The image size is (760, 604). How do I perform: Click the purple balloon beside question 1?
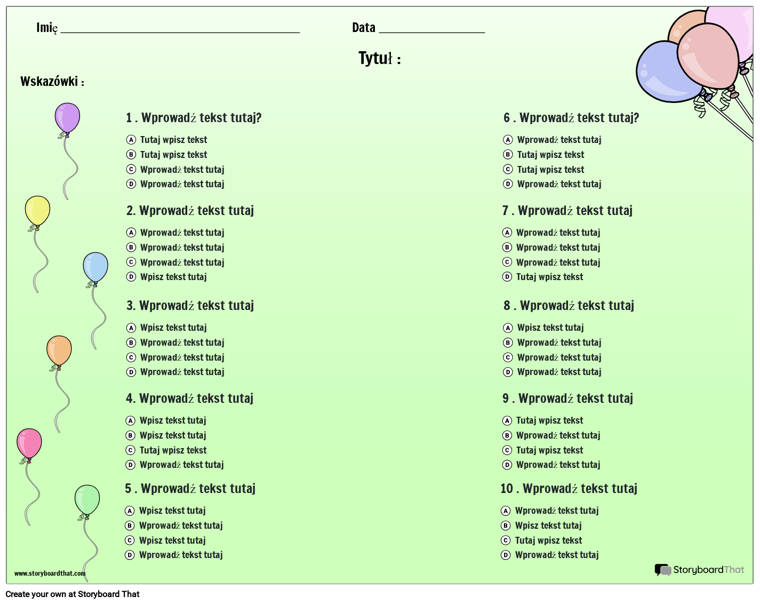click(x=67, y=118)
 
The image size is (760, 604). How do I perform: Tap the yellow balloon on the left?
click(x=37, y=211)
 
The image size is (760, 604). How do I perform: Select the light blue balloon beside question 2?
click(x=95, y=267)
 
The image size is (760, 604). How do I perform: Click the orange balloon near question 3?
click(x=59, y=351)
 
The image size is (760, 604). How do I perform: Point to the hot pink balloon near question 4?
click(x=29, y=443)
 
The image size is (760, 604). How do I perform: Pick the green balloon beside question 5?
click(x=87, y=500)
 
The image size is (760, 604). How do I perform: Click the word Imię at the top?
click(x=47, y=28)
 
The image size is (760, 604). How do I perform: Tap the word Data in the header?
click(x=363, y=27)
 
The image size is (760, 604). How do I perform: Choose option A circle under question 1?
click(x=131, y=140)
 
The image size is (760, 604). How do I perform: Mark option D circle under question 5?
click(x=130, y=555)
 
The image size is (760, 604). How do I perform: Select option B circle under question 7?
click(x=507, y=248)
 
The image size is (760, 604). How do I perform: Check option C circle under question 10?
click(x=506, y=541)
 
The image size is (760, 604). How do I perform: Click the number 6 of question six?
click(x=507, y=118)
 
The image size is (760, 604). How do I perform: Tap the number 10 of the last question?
click(x=507, y=488)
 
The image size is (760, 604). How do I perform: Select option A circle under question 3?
click(x=131, y=328)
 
